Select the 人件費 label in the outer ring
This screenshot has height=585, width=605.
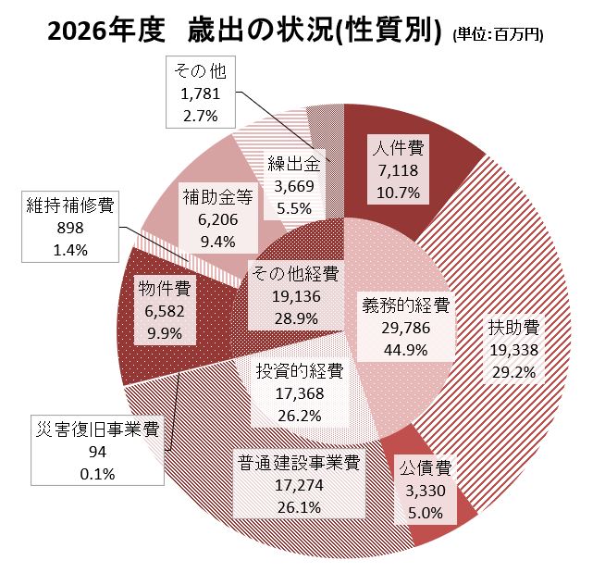pyautogui.click(x=399, y=147)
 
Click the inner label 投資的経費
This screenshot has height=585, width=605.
pyautogui.click(x=299, y=372)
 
